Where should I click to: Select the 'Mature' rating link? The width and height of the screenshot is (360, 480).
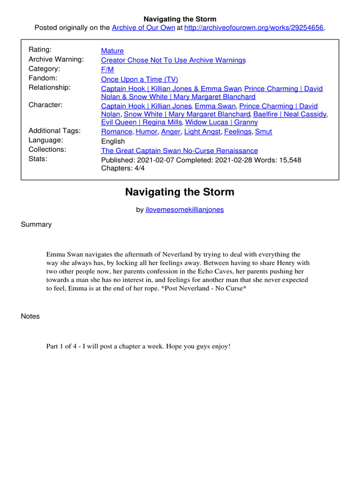click(112, 51)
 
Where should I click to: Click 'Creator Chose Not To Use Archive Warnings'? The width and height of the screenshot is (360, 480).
click(173, 60)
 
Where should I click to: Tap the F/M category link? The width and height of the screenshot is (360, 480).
click(107, 69)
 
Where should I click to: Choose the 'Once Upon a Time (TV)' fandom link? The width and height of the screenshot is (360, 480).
click(140, 79)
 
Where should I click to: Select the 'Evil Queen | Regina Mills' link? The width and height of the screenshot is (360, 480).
click(141, 122)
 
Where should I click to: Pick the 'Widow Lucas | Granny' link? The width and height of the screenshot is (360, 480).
click(222, 122)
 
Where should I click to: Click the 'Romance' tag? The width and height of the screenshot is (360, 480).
click(116, 132)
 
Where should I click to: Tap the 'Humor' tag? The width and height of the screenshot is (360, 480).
click(146, 132)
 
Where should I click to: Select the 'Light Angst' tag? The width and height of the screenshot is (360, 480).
click(202, 132)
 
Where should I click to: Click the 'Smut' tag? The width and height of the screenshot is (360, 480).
click(263, 132)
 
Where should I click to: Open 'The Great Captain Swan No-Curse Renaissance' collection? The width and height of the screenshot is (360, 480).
click(179, 150)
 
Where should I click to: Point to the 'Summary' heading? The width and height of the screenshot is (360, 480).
click(36, 224)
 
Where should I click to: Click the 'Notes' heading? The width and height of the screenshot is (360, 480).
click(30, 316)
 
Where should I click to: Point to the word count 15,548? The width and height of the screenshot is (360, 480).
click(288, 160)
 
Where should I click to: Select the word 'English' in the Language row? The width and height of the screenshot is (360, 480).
click(113, 141)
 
